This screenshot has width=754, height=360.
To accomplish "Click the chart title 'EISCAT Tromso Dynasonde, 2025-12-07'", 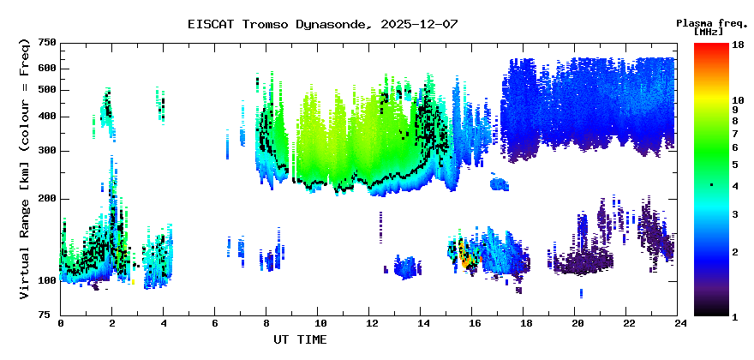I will [x=322, y=24].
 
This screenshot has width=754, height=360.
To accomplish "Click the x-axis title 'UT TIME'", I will [x=300, y=339].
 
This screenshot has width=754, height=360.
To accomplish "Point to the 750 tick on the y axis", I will [x=47, y=43].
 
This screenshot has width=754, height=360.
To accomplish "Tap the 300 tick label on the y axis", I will [x=47, y=151].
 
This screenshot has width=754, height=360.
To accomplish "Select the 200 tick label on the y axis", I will [x=47, y=198].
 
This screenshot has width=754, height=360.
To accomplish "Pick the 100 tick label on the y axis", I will [x=47, y=280].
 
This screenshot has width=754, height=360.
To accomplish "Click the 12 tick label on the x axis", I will [x=371, y=324].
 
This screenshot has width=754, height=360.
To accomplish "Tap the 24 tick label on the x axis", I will [x=680, y=324].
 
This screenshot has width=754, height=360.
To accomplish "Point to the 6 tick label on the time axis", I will [x=216, y=324].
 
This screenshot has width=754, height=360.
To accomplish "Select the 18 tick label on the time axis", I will [x=525, y=324].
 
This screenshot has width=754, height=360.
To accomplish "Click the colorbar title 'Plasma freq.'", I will [x=710, y=22].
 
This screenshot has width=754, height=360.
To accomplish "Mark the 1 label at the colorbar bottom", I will [x=734, y=317].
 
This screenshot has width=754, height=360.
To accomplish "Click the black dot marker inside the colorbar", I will [x=710, y=185].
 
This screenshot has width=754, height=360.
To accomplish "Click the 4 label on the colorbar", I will [x=734, y=186].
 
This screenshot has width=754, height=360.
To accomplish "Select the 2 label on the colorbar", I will [x=734, y=252].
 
